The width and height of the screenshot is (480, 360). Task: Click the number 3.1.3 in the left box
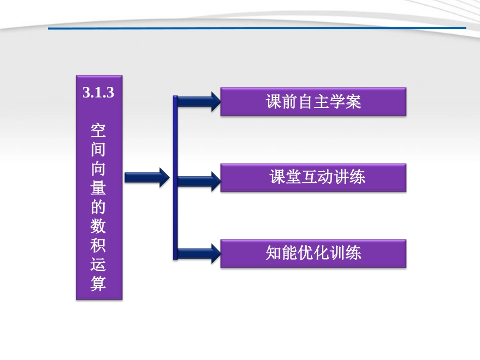coord(99,93)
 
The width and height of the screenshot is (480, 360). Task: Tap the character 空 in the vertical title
coord(99,130)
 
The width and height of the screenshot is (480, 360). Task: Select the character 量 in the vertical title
coord(99,188)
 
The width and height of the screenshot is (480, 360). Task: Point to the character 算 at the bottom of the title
coord(99,283)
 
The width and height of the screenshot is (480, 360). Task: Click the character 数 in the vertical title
coord(99,226)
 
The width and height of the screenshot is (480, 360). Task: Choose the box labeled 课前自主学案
coord(313,102)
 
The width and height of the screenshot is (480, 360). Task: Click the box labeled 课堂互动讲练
coord(313,177)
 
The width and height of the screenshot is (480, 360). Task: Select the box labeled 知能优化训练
coord(313,253)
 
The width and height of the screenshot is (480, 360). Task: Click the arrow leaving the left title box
coord(147,177)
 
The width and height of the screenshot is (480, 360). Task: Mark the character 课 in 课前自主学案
coord(274,102)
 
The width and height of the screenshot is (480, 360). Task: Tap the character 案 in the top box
coord(353,102)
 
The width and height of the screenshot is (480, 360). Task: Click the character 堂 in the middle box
coord(294,177)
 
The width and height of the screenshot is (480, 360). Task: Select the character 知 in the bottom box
coord(274,253)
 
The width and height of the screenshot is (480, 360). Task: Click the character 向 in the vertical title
coord(99,169)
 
